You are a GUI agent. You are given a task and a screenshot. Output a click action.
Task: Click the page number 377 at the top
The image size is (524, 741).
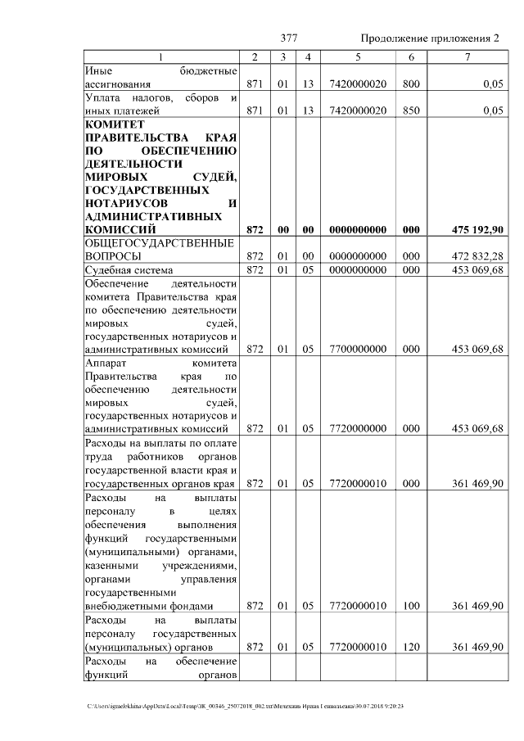pos(288,38)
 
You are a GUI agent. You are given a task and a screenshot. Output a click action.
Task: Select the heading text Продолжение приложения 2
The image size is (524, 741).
pos(429,38)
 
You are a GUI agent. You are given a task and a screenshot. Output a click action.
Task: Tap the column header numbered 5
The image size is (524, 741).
pos(358,56)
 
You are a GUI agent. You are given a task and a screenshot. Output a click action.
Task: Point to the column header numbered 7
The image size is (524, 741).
pos(468,56)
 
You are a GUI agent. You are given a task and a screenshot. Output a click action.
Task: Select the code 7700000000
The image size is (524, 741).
pos(358,349)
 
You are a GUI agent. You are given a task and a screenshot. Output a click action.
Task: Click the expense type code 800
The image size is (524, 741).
pos(411,84)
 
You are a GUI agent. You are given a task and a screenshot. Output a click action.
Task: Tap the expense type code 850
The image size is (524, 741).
pos(411,111)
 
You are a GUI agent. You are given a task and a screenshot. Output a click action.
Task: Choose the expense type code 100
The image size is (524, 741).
pos(411,606)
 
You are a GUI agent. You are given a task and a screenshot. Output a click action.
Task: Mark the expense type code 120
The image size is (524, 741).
pos(411,647)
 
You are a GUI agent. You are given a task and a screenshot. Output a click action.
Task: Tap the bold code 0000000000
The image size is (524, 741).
pos(358,230)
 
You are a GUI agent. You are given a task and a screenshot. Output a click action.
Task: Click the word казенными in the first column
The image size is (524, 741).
pos(111,566)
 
